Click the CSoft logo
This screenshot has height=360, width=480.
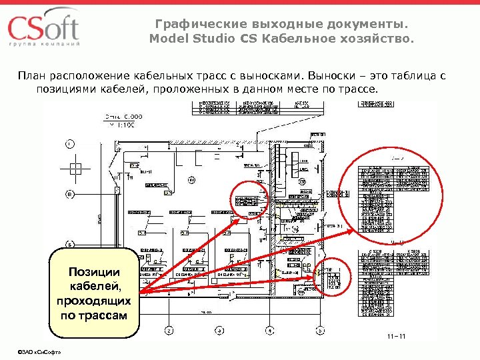pyautogui.click(x=43, y=28)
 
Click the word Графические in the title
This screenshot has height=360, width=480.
pyautogui.click(x=195, y=25)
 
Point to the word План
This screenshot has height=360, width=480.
pyautogui.click(x=31, y=74)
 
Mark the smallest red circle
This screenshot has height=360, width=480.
pyautogui.click(x=251, y=197)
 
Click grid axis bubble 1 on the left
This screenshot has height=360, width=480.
pyautogui.click(x=70, y=144)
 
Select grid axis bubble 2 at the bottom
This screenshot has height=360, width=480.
pyautogui.click(x=169, y=331)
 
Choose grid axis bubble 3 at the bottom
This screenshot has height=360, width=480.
pyautogui.click(x=219, y=331)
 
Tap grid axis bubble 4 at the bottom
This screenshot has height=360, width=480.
pyautogui.click(x=269, y=331)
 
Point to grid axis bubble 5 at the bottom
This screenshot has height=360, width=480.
pyautogui.click(x=319, y=331)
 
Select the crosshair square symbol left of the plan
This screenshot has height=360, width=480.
pyautogui.click(x=75, y=167)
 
